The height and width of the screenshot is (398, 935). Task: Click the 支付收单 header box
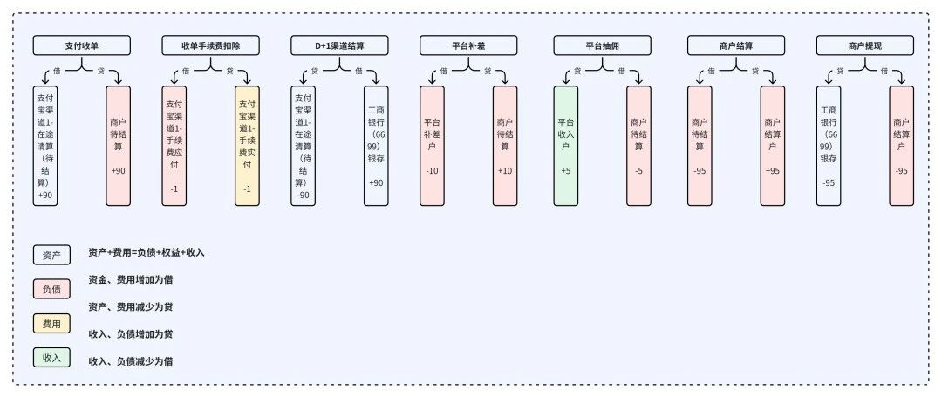click(x=83, y=45)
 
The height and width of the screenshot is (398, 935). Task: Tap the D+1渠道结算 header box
click(x=339, y=45)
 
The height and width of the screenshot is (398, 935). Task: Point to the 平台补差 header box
click(x=468, y=45)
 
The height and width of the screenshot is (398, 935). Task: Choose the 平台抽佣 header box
click(x=603, y=45)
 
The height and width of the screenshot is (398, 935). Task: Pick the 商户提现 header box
click(x=864, y=45)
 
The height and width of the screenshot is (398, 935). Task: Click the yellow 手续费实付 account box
click(x=247, y=146)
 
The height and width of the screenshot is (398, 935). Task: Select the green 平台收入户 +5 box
click(x=565, y=146)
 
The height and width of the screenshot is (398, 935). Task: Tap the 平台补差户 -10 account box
click(x=432, y=146)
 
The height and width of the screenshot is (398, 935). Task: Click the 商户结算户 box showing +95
click(x=773, y=146)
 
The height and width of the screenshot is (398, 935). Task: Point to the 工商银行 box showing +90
click(x=376, y=146)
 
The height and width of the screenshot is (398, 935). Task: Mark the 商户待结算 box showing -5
click(x=638, y=146)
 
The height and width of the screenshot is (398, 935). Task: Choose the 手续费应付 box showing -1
click(x=174, y=146)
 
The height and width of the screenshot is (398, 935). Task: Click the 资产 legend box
click(x=51, y=255)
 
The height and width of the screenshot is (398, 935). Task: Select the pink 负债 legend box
click(x=51, y=289)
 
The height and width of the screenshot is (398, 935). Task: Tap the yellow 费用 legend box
click(x=51, y=324)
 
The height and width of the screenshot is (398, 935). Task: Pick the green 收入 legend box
click(x=51, y=357)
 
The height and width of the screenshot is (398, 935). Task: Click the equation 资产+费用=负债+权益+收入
click(x=147, y=252)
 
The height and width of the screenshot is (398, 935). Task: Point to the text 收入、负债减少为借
click(x=131, y=360)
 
